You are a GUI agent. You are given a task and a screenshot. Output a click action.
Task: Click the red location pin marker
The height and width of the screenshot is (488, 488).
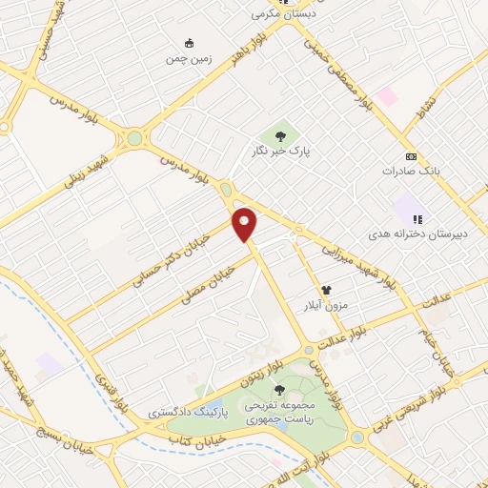(245, 223)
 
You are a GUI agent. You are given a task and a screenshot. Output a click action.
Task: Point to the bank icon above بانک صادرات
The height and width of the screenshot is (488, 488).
(411, 156)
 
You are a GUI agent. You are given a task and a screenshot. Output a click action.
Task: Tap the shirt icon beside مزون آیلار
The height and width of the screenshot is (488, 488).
(326, 289)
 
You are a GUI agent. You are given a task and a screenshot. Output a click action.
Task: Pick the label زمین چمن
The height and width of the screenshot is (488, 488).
(189, 57)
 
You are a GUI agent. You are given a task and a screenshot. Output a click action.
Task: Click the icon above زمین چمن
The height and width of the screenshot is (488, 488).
(189, 42)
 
